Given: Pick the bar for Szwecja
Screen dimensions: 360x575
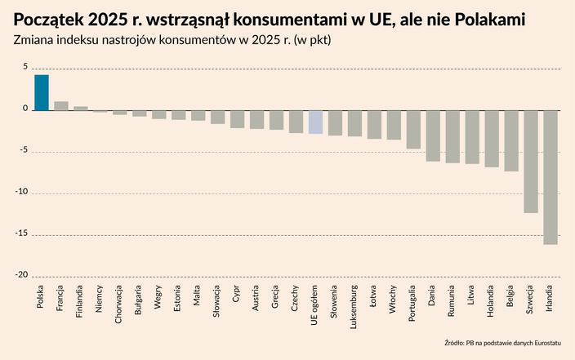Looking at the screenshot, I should click(x=531, y=162).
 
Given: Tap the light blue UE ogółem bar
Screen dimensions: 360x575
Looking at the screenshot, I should click(x=315, y=122).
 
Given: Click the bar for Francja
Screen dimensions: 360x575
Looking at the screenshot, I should click(x=61, y=106).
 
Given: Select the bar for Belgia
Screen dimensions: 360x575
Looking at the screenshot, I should click(x=511, y=140).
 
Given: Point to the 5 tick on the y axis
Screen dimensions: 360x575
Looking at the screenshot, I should click(x=25, y=68).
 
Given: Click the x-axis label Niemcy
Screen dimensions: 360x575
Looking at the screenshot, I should click(x=100, y=295).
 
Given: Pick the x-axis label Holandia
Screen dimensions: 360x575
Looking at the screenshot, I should click(x=492, y=298).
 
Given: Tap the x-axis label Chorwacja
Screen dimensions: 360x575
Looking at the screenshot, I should click(x=119, y=302).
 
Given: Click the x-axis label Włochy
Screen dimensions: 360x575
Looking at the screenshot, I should click(x=394, y=296).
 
